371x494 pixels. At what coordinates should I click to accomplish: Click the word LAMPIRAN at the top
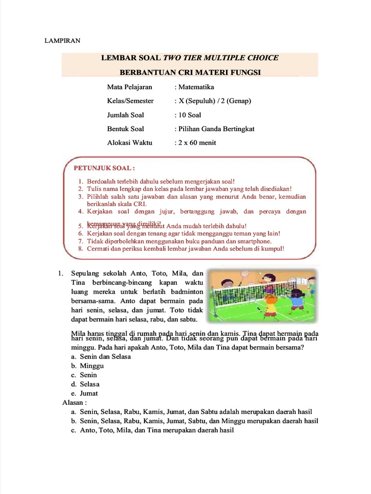(62, 41)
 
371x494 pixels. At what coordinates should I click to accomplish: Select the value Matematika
(196, 87)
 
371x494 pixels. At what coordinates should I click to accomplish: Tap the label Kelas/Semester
(130, 101)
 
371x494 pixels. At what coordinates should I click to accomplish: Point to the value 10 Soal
(190, 115)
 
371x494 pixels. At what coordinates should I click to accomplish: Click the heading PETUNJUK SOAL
(103, 168)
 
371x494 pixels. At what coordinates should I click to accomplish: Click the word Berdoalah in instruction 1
(101, 181)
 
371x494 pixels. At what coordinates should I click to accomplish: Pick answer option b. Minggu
(92, 366)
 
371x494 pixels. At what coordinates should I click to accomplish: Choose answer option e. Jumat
(88, 393)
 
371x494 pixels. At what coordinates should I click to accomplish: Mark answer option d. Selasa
(89, 384)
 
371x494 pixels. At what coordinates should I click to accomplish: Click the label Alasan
(74, 402)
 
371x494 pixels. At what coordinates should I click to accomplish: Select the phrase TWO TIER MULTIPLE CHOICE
(221, 58)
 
